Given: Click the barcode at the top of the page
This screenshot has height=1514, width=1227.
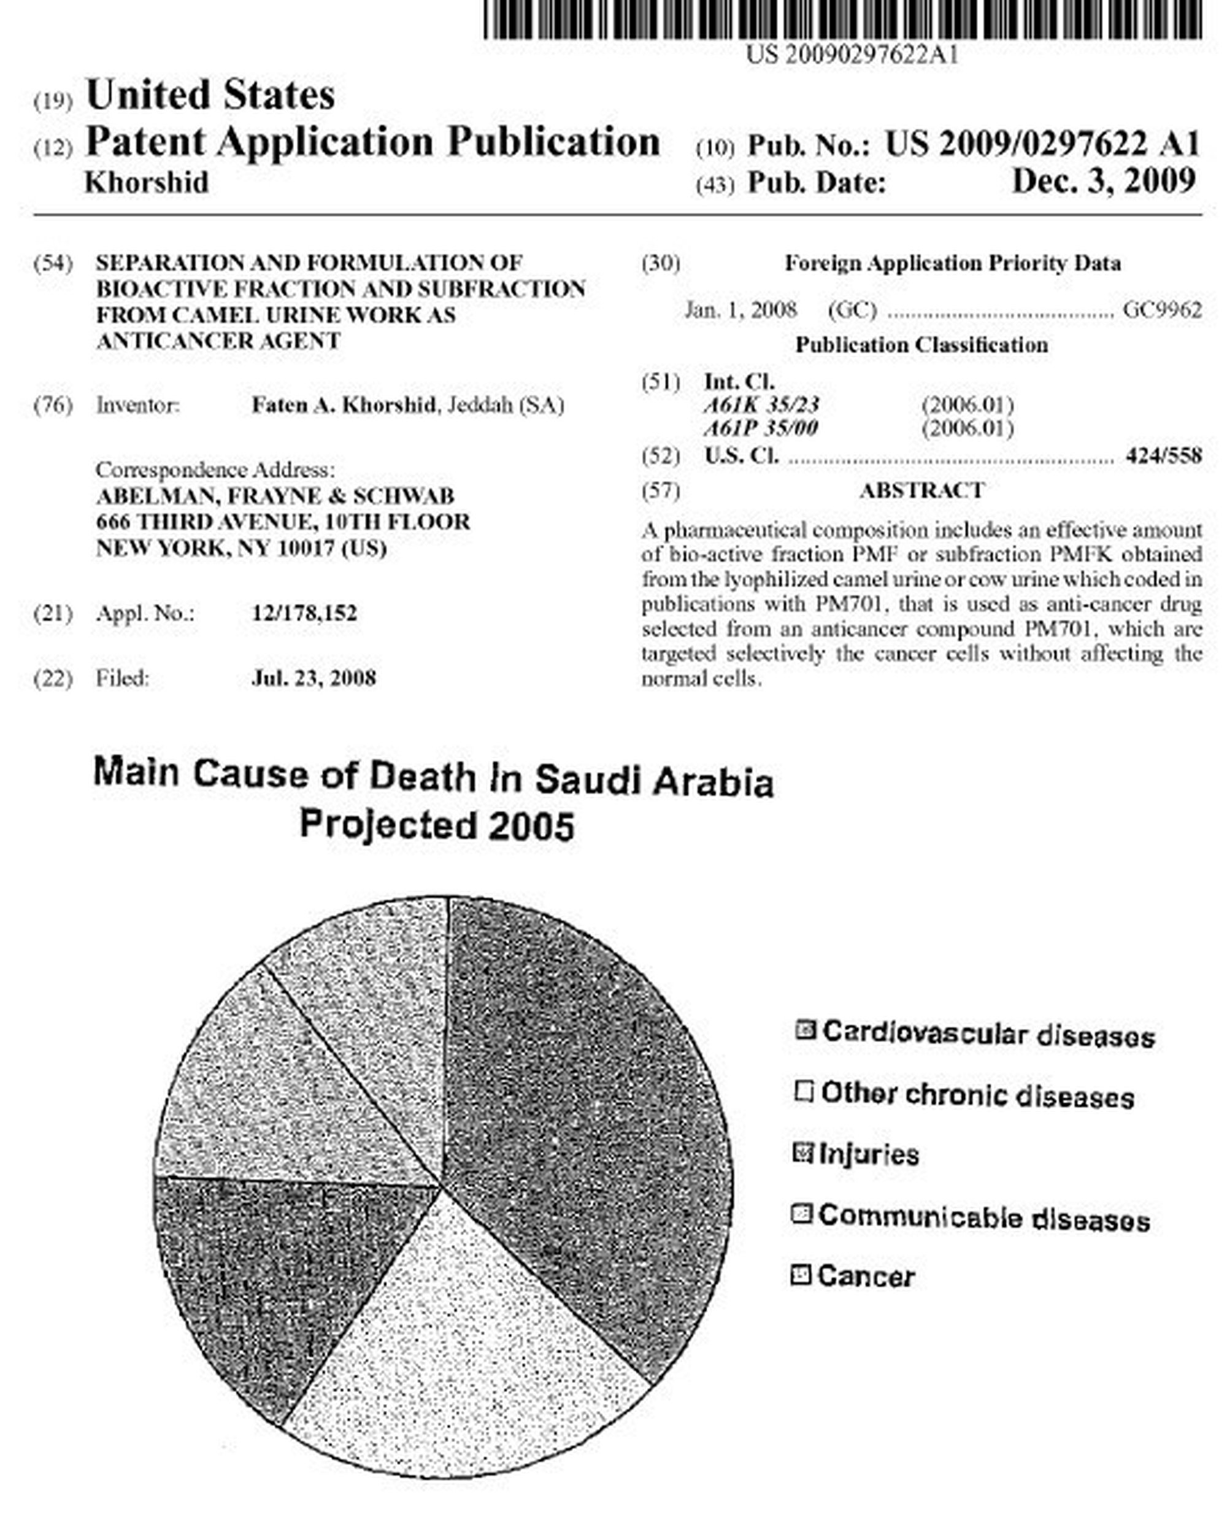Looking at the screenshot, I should pyautogui.click(x=841, y=20).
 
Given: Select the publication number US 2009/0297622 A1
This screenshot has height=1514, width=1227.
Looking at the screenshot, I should pyautogui.click(x=1042, y=144).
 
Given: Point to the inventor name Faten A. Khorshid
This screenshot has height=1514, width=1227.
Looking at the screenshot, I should pyautogui.click(x=344, y=405).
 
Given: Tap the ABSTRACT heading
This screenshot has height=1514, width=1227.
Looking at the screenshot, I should pyautogui.click(x=921, y=491).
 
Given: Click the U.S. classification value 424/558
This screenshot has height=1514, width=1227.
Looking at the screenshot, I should pyautogui.click(x=1163, y=455).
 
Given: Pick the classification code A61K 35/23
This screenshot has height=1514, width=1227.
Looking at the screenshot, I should pyautogui.click(x=761, y=405).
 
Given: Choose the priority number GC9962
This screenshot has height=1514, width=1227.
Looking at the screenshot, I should pyautogui.click(x=1162, y=310).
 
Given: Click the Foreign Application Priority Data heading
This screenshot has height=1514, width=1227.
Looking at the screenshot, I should pyautogui.click(x=952, y=264).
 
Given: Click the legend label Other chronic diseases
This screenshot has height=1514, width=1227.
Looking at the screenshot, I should pyautogui.click(x=977, y=1095).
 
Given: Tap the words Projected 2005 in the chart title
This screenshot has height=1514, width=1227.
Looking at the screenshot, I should pyautogui.click(x=436, y=825).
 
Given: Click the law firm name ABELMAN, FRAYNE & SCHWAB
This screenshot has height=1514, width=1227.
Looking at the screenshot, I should pyautogui.click(x=275, y=496).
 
